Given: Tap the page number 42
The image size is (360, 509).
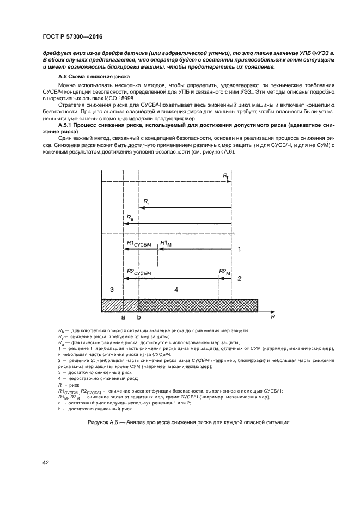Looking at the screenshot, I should [46, 463].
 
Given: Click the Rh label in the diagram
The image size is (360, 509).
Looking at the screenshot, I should [227, 175].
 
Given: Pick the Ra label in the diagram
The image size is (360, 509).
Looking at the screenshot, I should [129, 218].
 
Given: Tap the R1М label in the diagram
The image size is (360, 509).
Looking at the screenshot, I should [166, 244].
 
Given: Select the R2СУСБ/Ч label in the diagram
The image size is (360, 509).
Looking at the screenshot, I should [138, 272].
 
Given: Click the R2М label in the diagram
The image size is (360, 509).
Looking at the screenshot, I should [224, 272].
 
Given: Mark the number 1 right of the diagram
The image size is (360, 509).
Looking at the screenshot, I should [239, 249].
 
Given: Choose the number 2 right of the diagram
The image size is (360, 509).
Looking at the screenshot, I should [239, 278].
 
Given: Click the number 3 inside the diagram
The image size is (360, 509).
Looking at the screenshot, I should [112, 289].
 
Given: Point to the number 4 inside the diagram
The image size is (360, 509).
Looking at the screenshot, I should [176, 290].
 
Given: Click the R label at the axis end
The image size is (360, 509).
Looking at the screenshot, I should [272, 316].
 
